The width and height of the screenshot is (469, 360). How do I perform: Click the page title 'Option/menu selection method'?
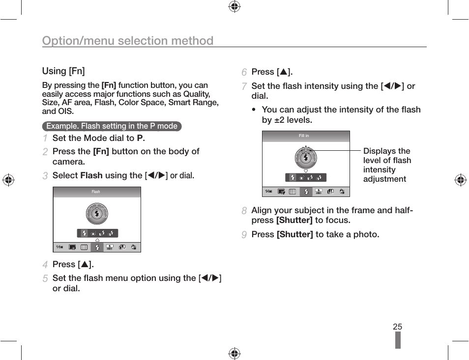128,41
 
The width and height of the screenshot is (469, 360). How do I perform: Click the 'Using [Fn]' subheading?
63,71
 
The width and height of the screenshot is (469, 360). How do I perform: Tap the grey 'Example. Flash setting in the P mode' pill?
112,126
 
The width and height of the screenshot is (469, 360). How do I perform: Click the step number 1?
45,138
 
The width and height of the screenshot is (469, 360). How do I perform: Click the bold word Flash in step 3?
91,175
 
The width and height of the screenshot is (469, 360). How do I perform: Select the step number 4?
45,265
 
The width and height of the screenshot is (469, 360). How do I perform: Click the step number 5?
45,278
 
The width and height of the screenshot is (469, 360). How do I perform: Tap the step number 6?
244,72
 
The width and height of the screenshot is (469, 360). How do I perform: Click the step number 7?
244,86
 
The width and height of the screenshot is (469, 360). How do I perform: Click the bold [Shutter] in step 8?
294,220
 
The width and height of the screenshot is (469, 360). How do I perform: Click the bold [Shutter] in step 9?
294,234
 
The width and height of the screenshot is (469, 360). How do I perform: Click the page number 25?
397,327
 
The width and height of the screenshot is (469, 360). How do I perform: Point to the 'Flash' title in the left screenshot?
96,192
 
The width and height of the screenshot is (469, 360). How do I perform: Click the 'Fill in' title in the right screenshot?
304,136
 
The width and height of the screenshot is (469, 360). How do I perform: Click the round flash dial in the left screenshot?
97,214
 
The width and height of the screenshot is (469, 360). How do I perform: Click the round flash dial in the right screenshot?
306,158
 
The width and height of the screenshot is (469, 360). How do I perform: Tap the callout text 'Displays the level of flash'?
387,156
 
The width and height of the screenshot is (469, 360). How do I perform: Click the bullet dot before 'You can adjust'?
253,110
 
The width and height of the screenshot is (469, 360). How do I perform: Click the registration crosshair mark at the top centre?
234,6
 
